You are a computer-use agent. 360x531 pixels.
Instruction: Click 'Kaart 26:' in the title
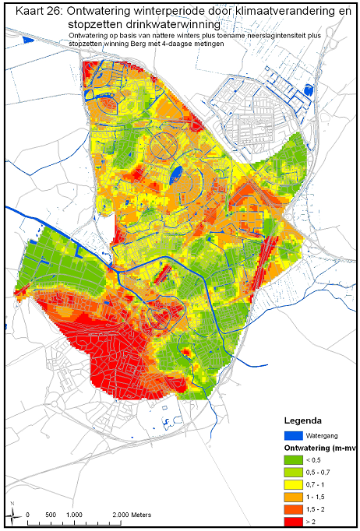(x=30, y=9)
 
